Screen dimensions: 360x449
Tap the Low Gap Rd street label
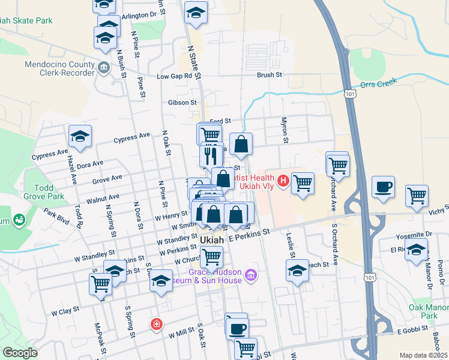click(x=174, y=76)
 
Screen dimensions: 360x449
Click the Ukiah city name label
click(x=211, y=239)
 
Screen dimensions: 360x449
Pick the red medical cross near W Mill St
click(x=156, y=324)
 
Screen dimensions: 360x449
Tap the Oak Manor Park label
click(x=429, y=311)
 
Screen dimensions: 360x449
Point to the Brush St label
click(x=269, y=75)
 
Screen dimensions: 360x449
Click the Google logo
click(x=20, y=352)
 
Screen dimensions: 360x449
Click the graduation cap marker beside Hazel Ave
click(x=80, y=136)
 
